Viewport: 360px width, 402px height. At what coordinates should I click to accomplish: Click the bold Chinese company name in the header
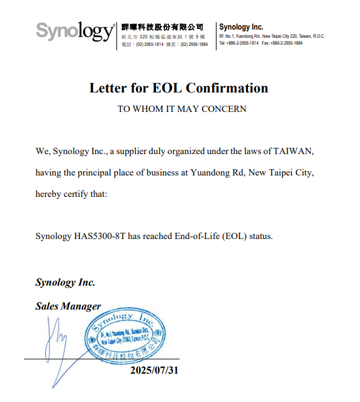[x=162, y=27]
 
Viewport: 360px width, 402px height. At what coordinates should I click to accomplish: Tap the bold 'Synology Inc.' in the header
[x=241, y=27]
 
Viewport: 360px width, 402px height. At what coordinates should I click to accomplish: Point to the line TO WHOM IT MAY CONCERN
[x=182, y=109]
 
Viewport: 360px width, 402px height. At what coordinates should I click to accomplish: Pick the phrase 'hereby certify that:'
[x=72, y=194]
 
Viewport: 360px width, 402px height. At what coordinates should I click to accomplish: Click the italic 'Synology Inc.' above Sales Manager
[x=65, y=282]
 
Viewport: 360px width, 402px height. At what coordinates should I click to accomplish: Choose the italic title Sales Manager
[x=68, y=306]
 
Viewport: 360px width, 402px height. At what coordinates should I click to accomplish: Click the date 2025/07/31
[x=154, y=370]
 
